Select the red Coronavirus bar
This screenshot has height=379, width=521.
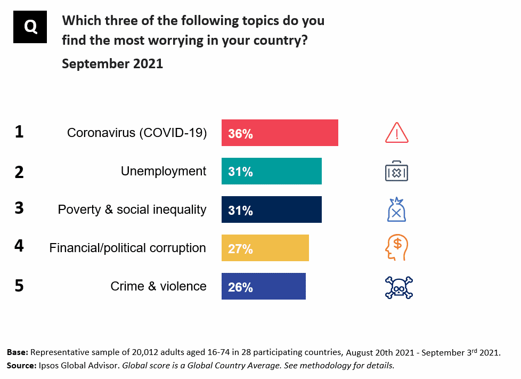280,133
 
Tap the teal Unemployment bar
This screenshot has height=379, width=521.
271,171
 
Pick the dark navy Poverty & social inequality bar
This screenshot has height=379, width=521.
271,209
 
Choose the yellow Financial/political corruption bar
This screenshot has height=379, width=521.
265,248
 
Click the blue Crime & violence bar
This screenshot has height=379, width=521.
263,286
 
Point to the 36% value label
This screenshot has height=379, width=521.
240,133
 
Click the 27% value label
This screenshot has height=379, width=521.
240,248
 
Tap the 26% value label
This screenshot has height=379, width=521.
240,287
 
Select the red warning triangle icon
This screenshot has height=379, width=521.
396,133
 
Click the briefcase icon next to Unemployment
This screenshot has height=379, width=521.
396,172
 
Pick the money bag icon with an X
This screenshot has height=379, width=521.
396,209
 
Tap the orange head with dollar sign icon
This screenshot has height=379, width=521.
396,248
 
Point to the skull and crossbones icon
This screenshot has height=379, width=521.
398,287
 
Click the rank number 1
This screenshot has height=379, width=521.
19,132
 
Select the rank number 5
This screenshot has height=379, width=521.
19,286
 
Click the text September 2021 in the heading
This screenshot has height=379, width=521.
112,64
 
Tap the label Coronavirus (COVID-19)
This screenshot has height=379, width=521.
136,133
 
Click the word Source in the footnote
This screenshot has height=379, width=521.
19,366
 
